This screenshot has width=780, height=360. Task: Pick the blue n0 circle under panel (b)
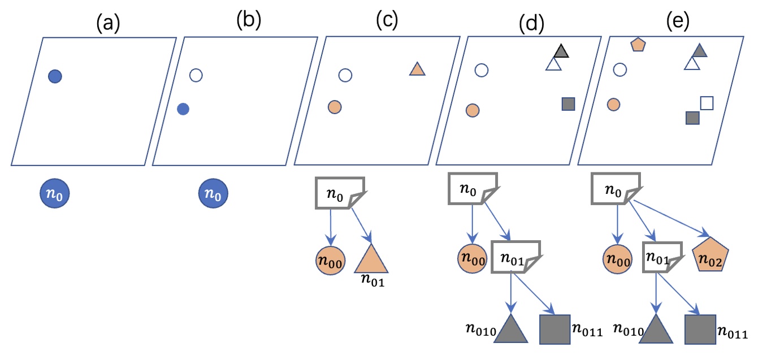pyautogui.click(x=213, y=195)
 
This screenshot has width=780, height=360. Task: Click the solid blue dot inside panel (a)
pyautogui.click(x=55, y=76)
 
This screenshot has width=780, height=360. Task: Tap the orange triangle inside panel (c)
pyautogui.click(x=417, y=70)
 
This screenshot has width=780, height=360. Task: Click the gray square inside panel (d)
pyautogui.click(x=568, y=104)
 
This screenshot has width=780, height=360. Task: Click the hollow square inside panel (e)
pyautogui.click(x=707, y=103)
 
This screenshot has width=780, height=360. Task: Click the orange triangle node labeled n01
pyautogui.click(x=371, y=259)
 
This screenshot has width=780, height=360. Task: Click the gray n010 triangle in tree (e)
pyautogui.click(x=657, y=328)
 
